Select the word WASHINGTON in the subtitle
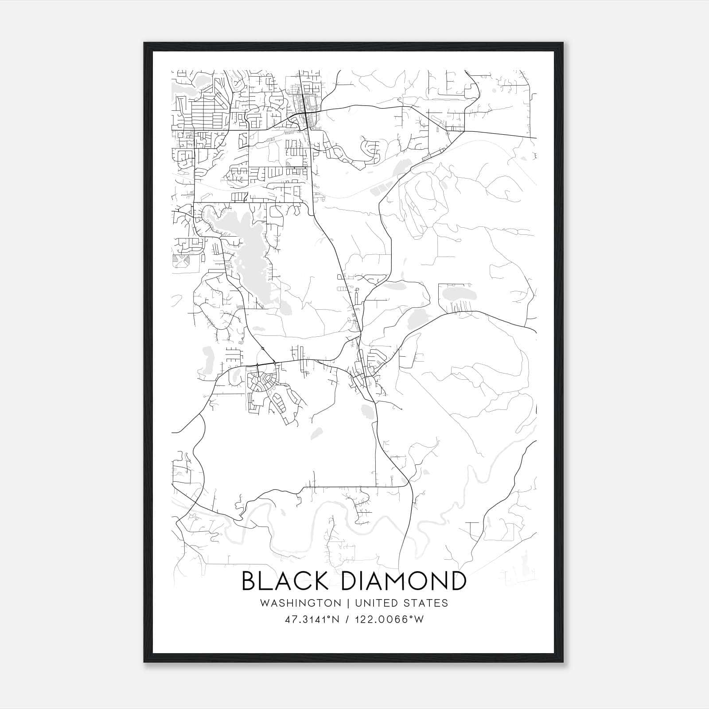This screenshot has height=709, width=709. point(300,603)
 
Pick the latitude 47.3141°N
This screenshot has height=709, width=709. point(312,619)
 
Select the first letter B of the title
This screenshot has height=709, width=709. point(249,581)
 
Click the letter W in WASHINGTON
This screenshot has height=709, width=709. point(265,603)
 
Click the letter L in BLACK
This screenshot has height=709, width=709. point(267,581)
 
